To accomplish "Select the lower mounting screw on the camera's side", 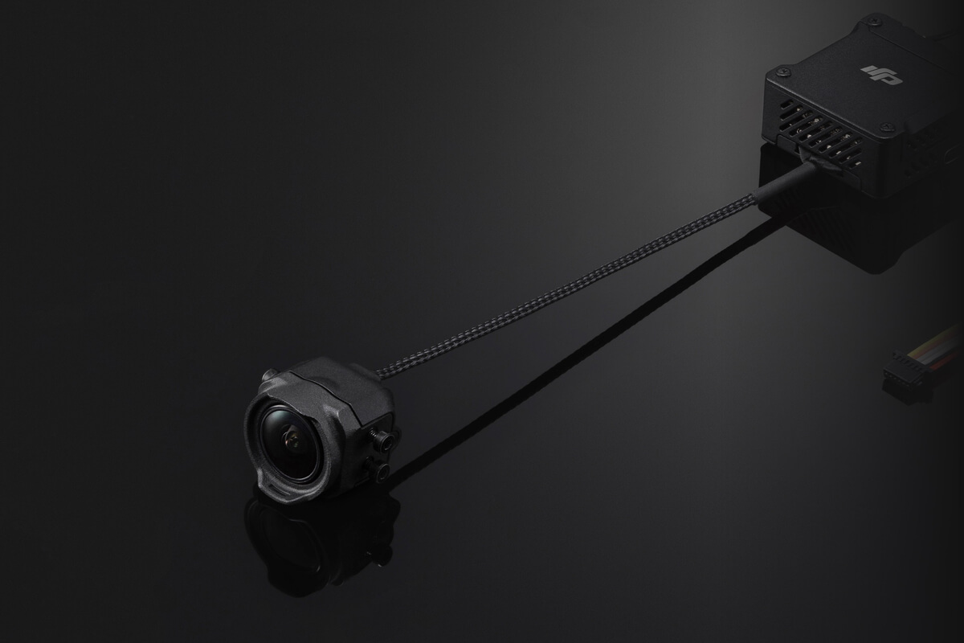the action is pos(377,471).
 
